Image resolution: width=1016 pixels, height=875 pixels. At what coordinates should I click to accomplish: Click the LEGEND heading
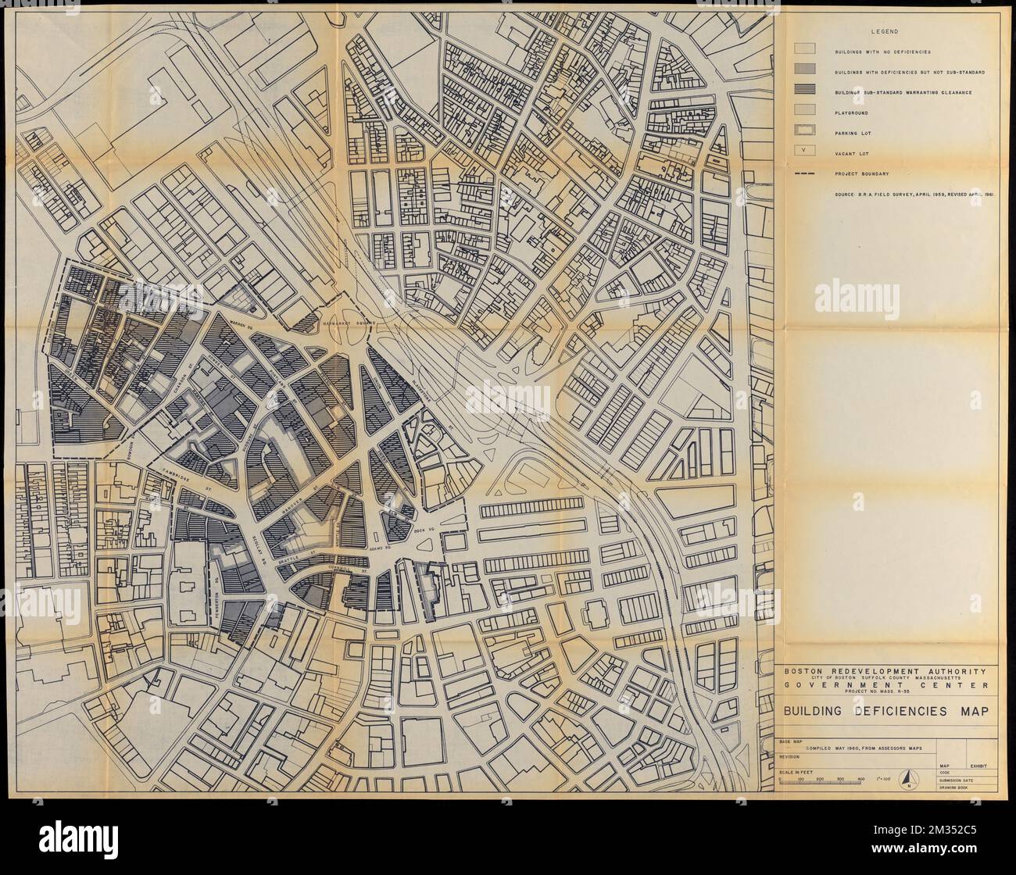886,31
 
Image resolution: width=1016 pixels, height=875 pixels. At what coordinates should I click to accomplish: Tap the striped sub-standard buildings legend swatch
806,92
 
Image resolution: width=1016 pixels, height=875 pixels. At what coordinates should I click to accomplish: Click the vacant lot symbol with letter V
806,153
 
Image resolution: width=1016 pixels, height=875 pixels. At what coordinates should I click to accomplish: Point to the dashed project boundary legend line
806,173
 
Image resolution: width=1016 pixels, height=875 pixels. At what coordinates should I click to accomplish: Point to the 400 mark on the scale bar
861,780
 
